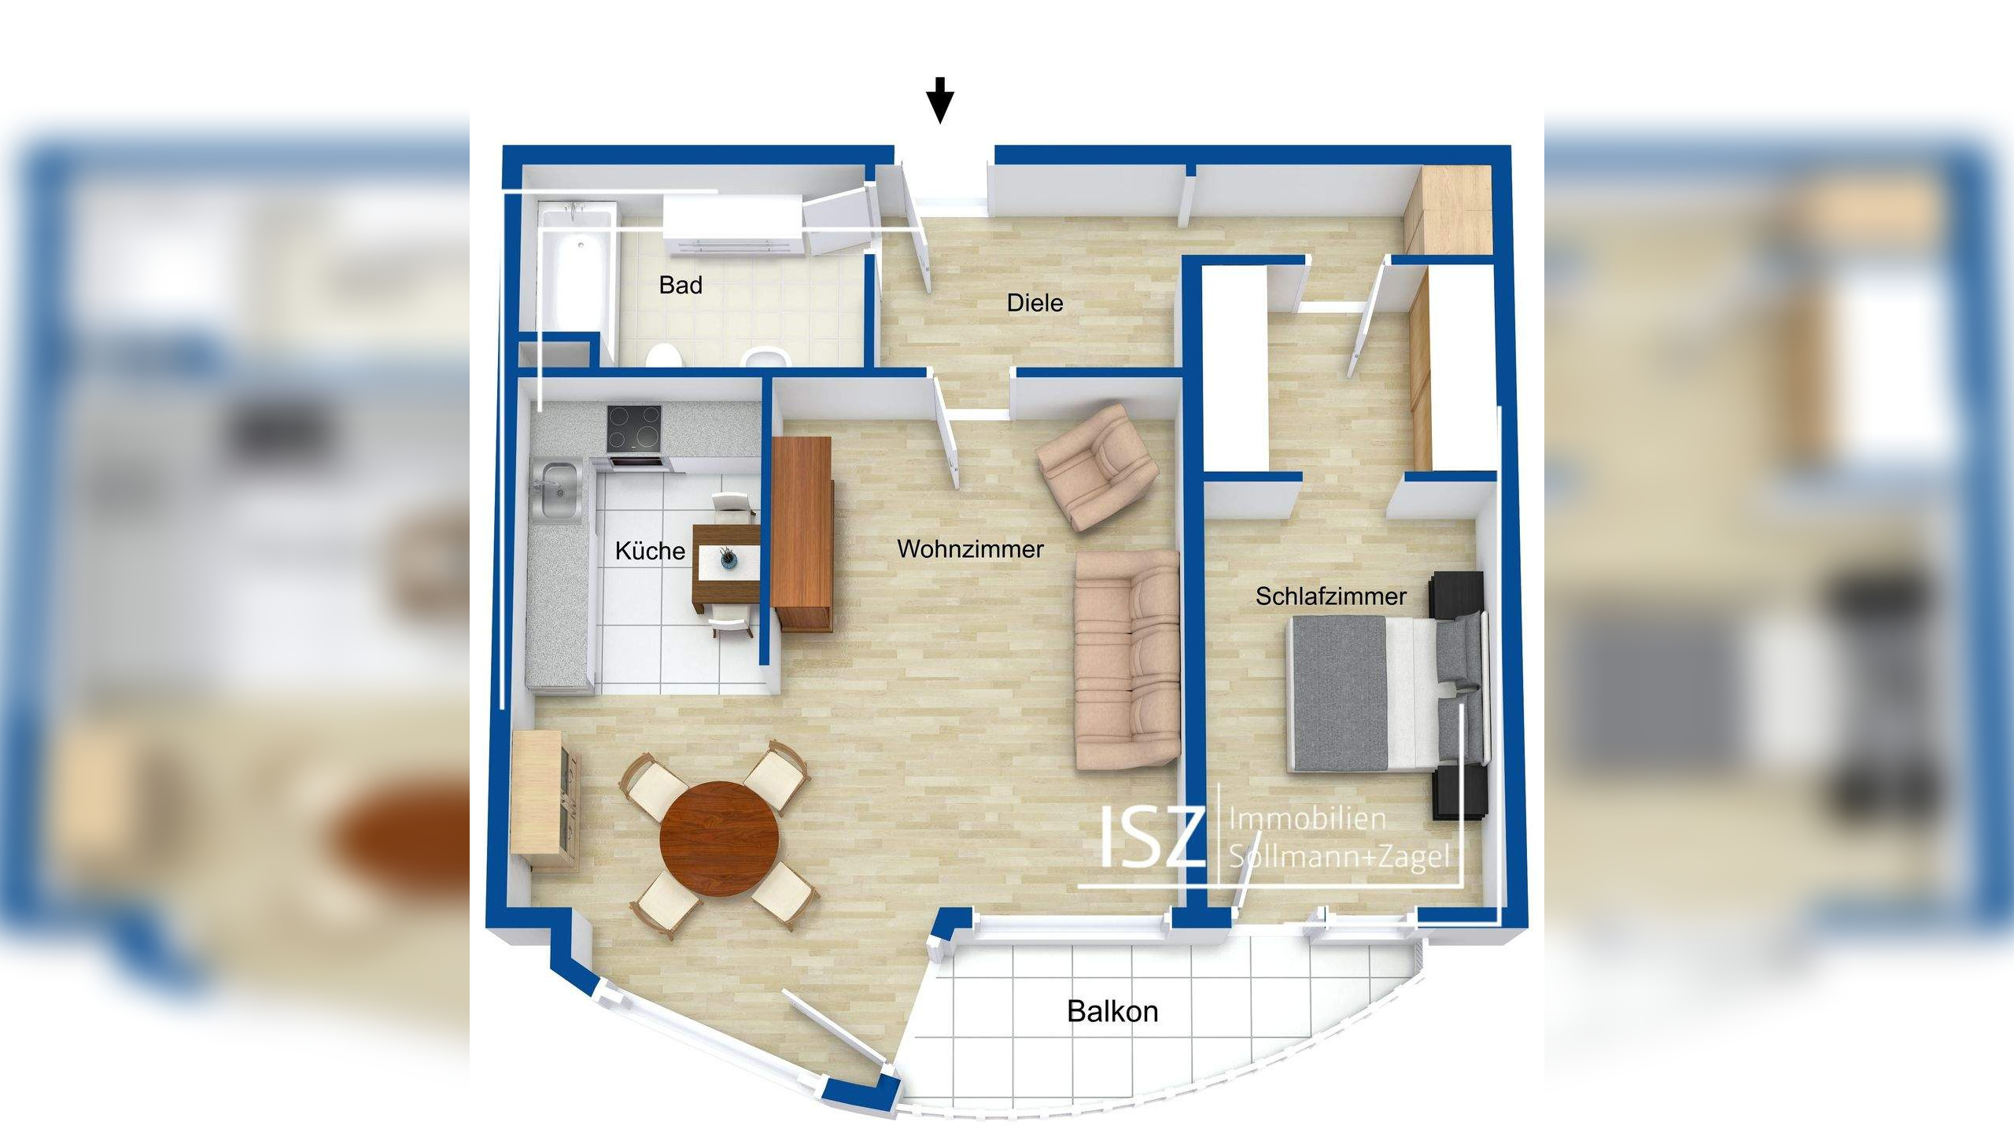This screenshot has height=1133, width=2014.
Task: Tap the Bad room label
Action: (x=681, y=285)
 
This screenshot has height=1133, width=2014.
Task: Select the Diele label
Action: (x=1035, y=303)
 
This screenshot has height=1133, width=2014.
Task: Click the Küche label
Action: (x=650, y=551)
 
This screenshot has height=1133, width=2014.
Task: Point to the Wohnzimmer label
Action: (x=970, y=549)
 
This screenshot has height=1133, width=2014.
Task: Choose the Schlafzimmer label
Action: (x=1330, y=596)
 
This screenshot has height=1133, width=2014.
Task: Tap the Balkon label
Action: (x=1112, y=1011)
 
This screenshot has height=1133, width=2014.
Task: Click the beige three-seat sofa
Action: (x=1127, y=659)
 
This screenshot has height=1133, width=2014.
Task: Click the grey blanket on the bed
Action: (x=1337, y=692)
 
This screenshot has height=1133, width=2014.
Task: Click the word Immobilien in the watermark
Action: (x=1307, y=819)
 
